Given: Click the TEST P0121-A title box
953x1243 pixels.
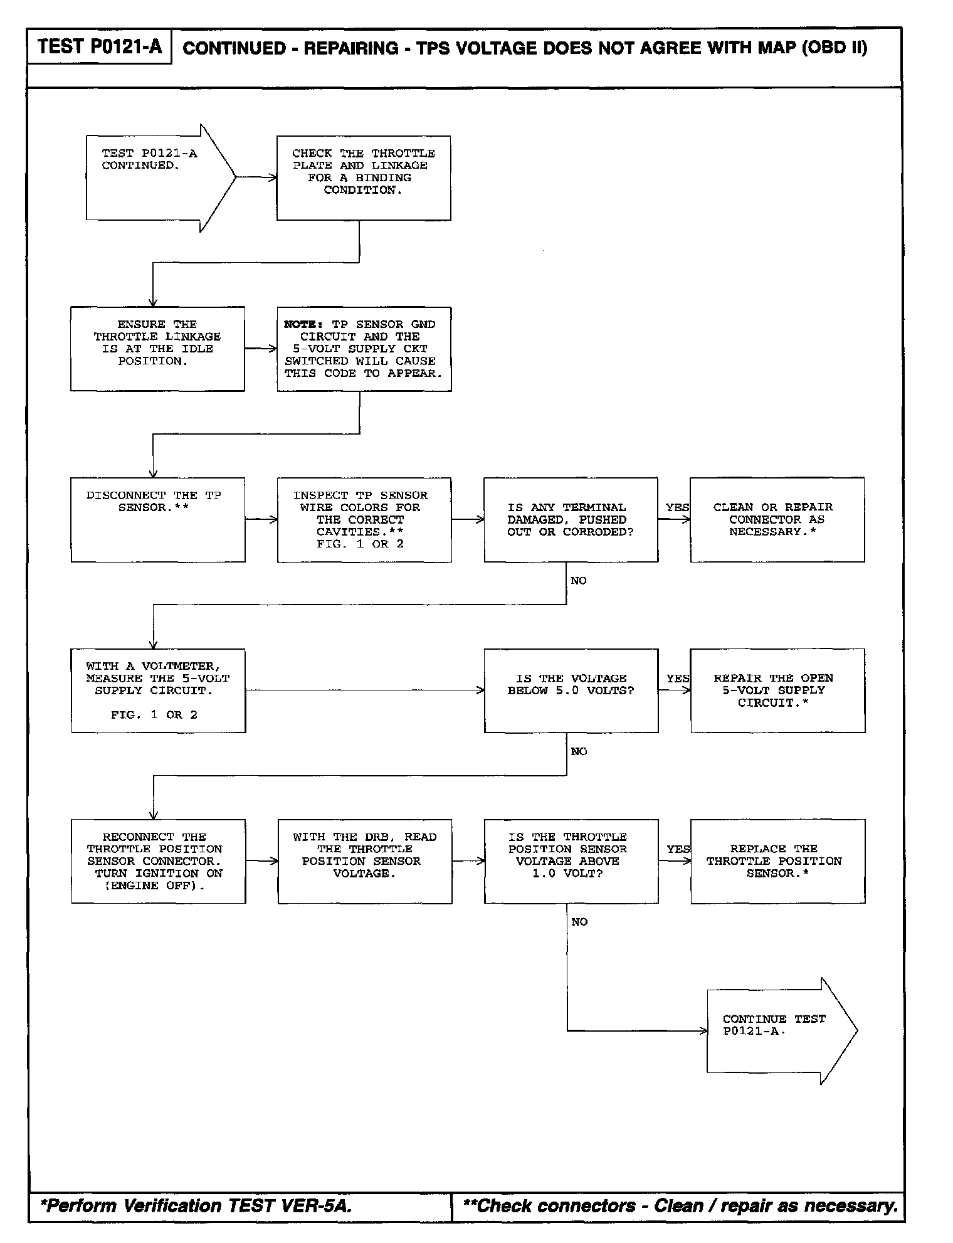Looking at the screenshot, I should [99, 46].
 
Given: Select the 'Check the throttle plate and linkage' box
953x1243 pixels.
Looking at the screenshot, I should [364, 177].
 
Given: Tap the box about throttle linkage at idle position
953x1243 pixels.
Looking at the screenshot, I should [157, 349].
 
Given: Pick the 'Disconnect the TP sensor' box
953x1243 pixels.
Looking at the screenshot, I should [157, 519].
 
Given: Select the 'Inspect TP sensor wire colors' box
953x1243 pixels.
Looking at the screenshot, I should [364, 519].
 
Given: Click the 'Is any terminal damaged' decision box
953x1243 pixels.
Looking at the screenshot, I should [571, 519].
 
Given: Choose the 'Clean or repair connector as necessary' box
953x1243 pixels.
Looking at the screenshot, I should [777, 519].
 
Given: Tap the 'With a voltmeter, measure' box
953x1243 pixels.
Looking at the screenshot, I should [158, 690].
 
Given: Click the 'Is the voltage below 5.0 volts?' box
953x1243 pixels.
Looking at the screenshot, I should [571, 690].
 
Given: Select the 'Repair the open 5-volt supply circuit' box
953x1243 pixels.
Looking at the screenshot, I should [777, 690].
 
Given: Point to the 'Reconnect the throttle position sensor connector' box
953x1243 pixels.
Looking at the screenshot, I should [158, 861].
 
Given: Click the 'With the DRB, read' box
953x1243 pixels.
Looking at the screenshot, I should [364, 861].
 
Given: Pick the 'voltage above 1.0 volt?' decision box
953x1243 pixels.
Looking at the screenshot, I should [571, 861].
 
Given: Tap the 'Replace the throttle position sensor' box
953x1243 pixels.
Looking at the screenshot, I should [777, 861].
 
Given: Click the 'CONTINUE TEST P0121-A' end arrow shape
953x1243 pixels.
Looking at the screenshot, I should [777, 1031].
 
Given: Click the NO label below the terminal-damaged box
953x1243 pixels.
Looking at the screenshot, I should [579, 581].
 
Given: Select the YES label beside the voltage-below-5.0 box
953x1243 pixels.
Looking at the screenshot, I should [678, 679].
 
